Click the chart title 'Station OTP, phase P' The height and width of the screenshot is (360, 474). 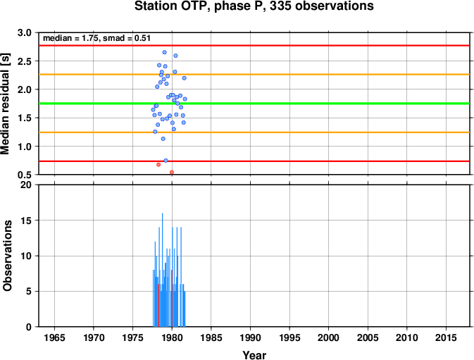point(199,6)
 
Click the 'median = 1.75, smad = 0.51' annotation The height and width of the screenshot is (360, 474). point(96,38)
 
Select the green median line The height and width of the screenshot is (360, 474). point(254,104)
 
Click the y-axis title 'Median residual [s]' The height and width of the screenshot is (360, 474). point(5,104)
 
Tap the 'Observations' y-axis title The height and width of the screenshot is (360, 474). point(7,256)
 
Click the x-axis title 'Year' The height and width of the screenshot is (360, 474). point(254,355)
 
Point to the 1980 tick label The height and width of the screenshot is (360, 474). point(172,337)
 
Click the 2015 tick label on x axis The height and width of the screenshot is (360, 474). point(446,337)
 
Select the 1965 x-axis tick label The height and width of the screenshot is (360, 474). point(54,337)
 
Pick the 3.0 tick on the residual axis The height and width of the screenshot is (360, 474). point(25,32)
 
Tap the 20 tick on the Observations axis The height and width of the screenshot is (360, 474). point(25,185)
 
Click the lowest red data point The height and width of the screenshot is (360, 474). point(172,173)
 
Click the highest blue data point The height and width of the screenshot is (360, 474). point(164,52)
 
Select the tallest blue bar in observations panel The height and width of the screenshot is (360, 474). point(162,270)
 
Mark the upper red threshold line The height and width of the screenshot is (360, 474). point(254,46)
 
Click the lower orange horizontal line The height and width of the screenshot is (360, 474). point(254,132)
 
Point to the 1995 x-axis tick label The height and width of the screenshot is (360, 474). point(289,337)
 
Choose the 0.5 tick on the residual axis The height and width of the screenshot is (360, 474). point(25,175)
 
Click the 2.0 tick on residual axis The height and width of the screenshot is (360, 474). point(25,89)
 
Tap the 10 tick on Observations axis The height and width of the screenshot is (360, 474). point(25,256)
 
